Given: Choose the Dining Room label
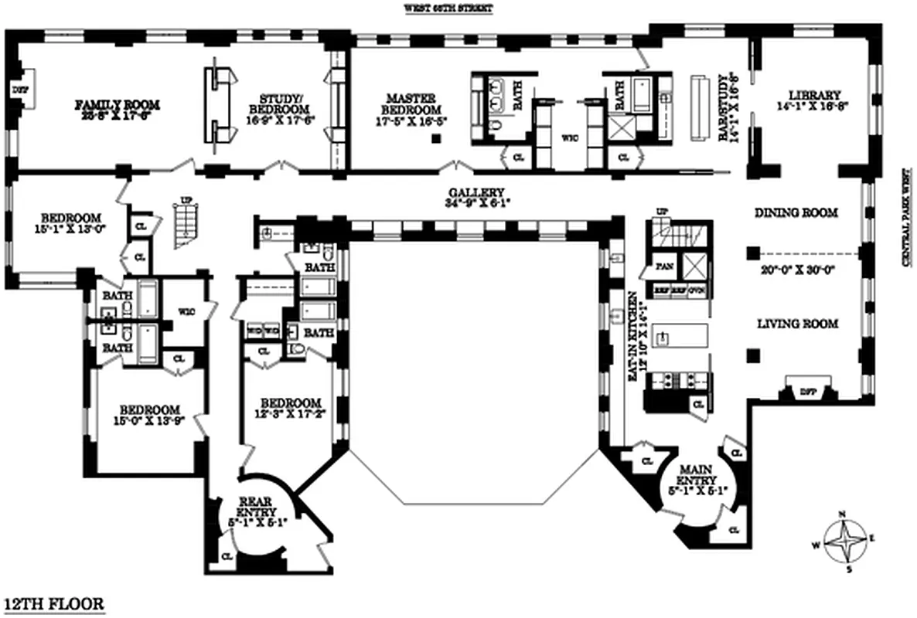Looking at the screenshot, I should pos(796,212).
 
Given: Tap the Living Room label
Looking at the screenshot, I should pos(796,324).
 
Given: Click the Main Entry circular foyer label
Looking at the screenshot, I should pos(701,469).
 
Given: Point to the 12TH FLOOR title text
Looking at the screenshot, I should pos(54,603).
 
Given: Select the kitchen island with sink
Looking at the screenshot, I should pos(680,337).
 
